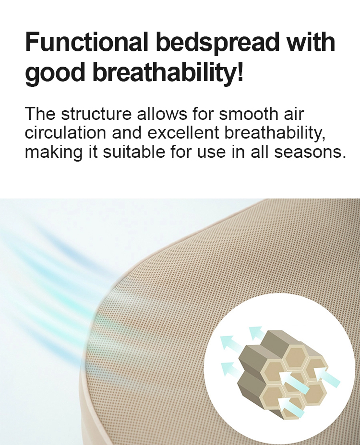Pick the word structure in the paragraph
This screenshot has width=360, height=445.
click(x=96, y=114)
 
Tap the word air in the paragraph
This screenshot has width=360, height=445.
click(x=294, y=114)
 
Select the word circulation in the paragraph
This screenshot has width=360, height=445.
click(x=65, y=132)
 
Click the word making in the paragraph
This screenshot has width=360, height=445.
click(x=53, y=152)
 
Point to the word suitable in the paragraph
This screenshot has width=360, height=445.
click(x=134, y=152)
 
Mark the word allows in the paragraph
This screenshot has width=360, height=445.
click(x=162, y=114)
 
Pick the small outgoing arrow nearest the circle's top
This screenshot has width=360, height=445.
click(x=256, y=333)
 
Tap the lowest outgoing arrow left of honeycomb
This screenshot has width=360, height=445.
click(x=229, y=368)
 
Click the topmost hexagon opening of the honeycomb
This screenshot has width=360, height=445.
click(x=296, y=354)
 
